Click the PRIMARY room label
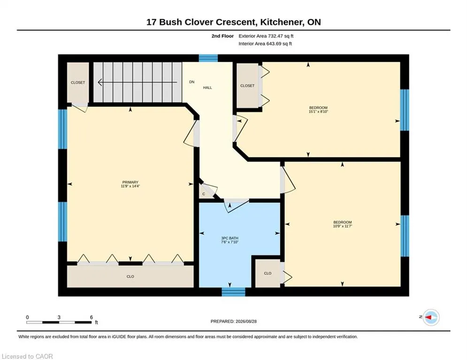[130, 182]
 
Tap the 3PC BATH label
[230, 238]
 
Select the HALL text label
[207, 88]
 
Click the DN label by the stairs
[192, 82]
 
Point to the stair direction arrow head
[100, 82]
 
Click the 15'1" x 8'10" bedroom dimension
[318, 112]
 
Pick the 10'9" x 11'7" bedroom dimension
[343, 226]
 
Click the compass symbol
[431, 317]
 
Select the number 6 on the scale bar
[92, 317]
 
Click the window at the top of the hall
[208, 58]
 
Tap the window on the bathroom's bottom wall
[233, 292]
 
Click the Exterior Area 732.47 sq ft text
[266, 36]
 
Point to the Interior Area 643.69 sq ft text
[265, 44]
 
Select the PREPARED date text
[234, 321]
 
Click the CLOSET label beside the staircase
[78, 82]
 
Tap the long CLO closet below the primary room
[130, 277]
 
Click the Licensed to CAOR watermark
[27, 356]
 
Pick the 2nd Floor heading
[222, 36]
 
